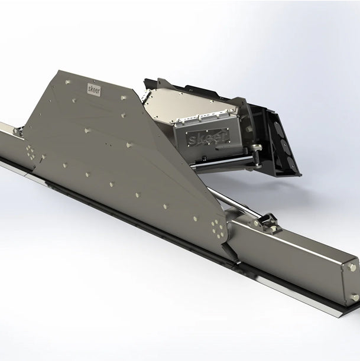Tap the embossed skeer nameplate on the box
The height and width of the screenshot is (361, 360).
[x=208, y=138]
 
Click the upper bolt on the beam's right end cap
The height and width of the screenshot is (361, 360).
[x=352, y=268]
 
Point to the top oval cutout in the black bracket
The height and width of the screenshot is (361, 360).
[x=278, y=127]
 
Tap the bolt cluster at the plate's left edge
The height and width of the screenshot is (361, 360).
[x=31, y=152]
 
